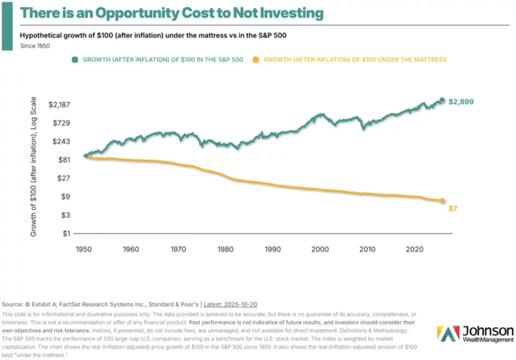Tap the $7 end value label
tap(453, 208)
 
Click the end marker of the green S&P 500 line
tap(442, 100)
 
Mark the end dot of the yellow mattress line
tap(442, 202)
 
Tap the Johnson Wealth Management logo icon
tap(447, 333)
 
